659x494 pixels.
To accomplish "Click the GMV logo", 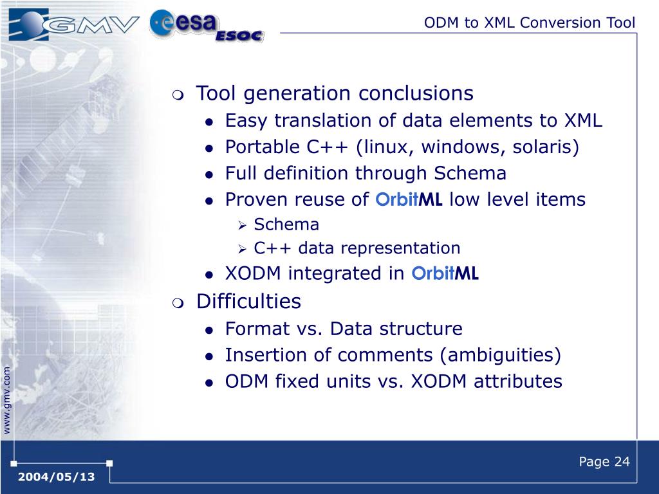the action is [73, 24].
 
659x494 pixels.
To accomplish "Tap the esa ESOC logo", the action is [207, 26].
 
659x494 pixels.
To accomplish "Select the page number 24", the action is [622, 462].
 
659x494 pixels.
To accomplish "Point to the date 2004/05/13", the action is [57, 477].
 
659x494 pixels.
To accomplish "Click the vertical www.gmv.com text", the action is [6, 400].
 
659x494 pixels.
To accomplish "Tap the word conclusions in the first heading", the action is [416, 93].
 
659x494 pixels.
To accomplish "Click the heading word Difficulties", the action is [248, 301].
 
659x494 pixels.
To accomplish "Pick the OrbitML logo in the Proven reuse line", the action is [409, 199].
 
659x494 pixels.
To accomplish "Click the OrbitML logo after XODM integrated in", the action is [445, 273].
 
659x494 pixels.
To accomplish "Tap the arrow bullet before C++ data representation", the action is [242, 250].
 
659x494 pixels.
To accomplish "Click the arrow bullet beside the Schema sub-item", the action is [242, 226].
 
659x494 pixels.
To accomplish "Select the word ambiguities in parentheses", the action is [500, 355].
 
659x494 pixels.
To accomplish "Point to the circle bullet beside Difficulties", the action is [178, 303].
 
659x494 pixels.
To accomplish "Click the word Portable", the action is [263, 147].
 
